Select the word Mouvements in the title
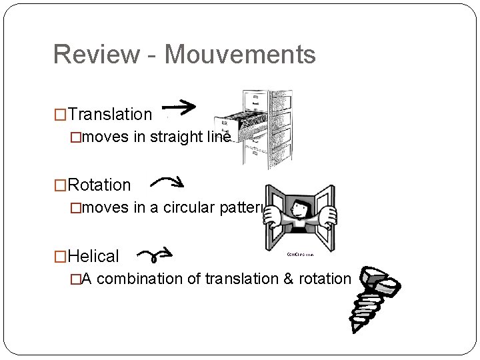click(240, 55)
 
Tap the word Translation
click(110, 115)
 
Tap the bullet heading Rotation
click(99, 185)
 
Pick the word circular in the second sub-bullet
click(189, 208)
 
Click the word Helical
click(93, 257)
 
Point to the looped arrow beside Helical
click(155, 255)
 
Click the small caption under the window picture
click(301, 254)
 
